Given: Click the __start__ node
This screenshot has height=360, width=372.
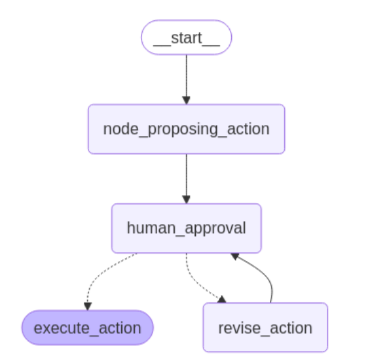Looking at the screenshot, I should pos(186,37).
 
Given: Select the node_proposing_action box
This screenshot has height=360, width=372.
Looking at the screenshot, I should pos(186,129).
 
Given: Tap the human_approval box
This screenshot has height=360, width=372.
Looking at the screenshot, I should pos(186,228).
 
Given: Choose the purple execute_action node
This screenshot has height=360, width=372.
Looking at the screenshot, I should pos(87,327).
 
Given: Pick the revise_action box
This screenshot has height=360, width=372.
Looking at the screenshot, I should pos(265,327).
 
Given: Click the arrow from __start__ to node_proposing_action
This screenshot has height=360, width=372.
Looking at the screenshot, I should pos(186,75).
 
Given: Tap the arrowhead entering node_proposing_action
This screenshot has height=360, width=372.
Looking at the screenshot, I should pos(186,100).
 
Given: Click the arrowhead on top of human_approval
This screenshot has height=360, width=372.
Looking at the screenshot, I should pos(186,200).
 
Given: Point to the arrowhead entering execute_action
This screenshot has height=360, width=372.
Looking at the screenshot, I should pos(88,306).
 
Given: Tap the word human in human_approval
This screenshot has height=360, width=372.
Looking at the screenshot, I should pos(149,228).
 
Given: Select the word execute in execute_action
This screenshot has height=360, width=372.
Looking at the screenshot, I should pos(60,327).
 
